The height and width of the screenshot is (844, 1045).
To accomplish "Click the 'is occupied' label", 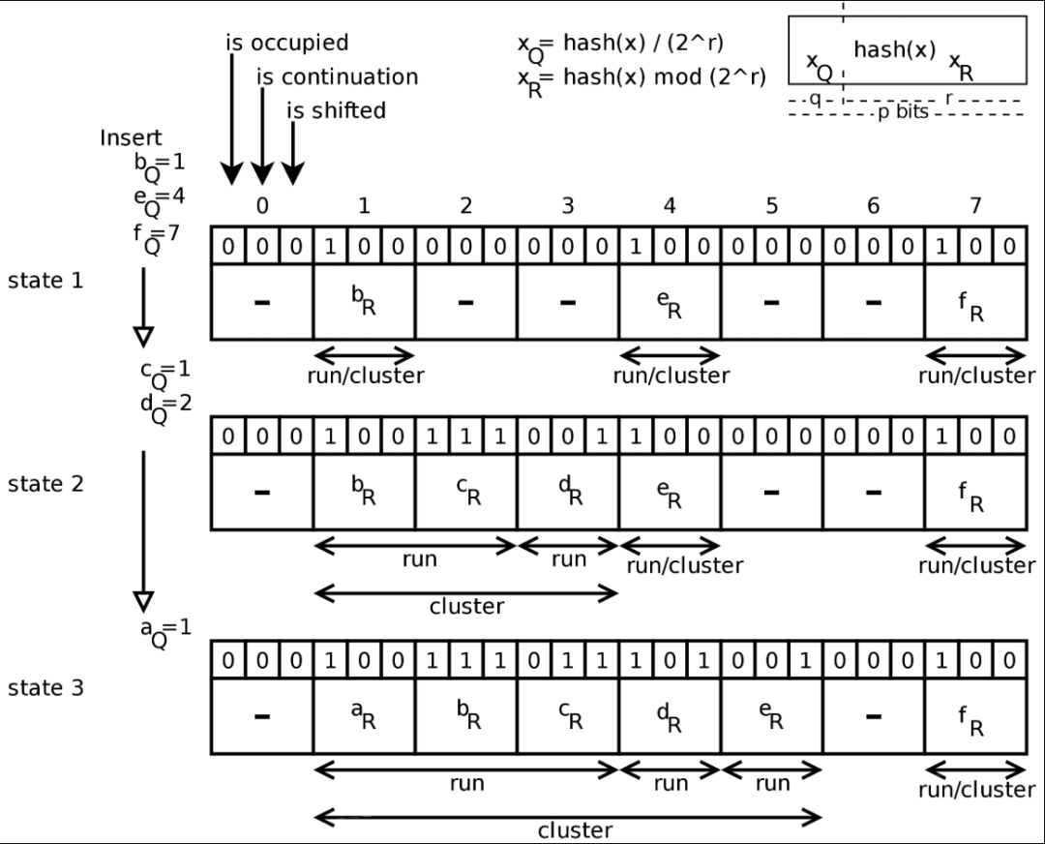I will [x=286, y=44].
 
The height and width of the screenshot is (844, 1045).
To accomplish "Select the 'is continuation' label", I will [x=337, y=77].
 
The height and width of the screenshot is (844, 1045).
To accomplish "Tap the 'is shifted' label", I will [x=336, y=110].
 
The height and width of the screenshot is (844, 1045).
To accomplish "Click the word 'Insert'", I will [x=131, y=137].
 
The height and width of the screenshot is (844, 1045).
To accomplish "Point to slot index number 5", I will [x=771, y=206].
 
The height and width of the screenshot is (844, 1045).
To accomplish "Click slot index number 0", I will [x=261, y=206].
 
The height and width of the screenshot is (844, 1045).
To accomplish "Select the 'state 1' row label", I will [x=45, y=281].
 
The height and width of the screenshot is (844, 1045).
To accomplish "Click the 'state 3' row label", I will [x=45, y=688].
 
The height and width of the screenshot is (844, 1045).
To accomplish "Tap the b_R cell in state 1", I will [x=364, y=302].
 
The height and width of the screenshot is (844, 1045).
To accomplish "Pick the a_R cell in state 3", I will [x=364, y=717].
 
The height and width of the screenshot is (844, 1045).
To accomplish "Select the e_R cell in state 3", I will [x=771, y=717].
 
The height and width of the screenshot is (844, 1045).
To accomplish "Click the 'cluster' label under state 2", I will [x=466, y=607].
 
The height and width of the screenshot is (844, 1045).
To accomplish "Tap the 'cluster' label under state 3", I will [x=575, y=830].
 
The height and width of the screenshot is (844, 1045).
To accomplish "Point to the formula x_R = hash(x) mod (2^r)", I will [x=641, y=77].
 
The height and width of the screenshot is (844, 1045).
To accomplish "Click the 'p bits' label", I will [x=903, y=112].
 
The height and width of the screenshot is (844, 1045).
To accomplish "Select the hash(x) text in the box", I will [x=895, y=50].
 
